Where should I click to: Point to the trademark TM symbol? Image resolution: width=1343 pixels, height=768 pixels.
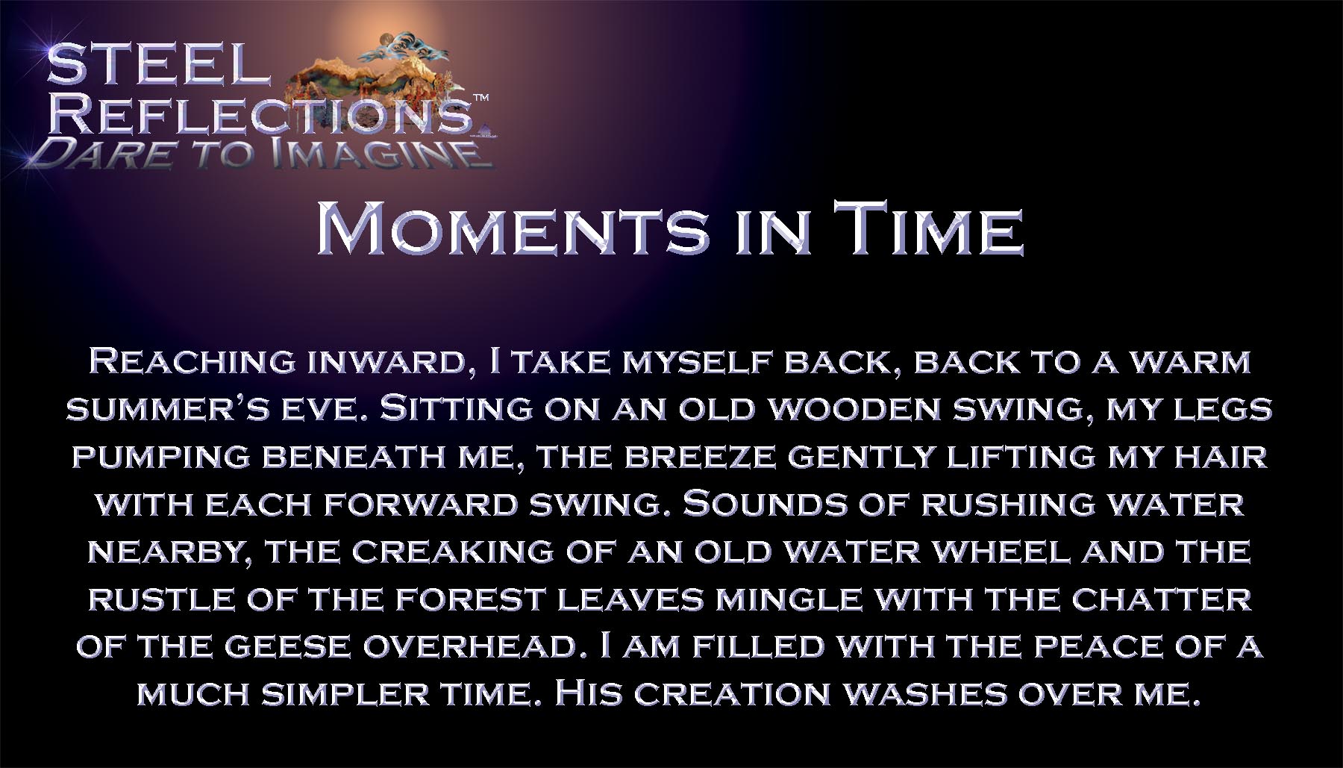coord(482,98)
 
